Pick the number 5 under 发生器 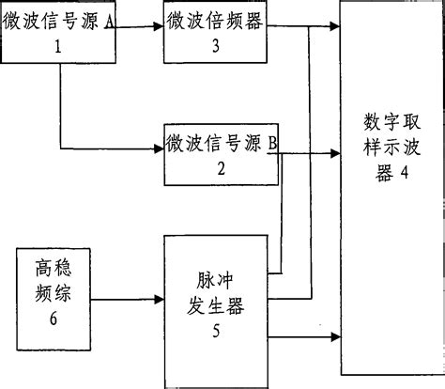(216, 330)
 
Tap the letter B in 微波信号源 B (272, 143)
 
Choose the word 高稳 (51, 267)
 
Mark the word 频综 (51, 293)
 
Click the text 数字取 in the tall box (389, 121)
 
